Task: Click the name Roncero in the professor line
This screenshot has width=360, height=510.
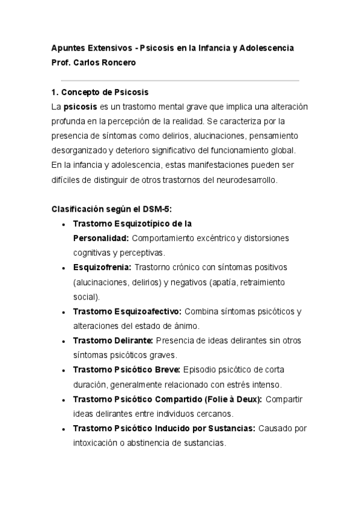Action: (x=120, y=62)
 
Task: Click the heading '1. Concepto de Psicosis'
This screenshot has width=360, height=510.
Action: (x=100, y=92)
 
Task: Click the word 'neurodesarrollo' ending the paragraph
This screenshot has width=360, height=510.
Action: (x=248, y=179)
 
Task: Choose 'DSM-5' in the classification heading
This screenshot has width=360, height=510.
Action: (x=159, y=209)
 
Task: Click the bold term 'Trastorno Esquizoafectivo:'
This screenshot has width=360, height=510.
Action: (x=127, y=311)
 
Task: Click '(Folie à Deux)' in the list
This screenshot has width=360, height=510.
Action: (x=233, y=399)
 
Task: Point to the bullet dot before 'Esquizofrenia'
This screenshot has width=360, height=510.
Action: (x=64, y=268)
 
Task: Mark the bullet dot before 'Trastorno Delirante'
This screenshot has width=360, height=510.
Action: (x=64, y=341)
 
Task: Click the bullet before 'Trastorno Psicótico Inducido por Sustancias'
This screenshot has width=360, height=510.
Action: (x=64, y=429)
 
